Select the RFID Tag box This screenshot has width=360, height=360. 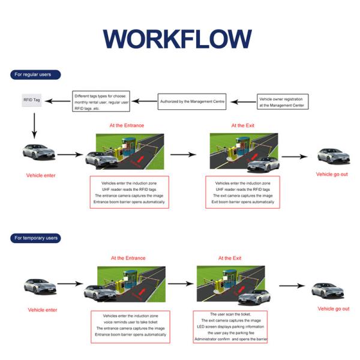[32, 100]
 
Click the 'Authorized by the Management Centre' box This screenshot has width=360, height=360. [192, 101]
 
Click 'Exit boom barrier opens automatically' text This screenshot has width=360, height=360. [243, 202]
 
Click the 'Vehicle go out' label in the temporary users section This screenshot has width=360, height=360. [333, 308]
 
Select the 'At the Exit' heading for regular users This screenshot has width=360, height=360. [242, 125]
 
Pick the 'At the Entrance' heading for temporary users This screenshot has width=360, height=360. [127, 258]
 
